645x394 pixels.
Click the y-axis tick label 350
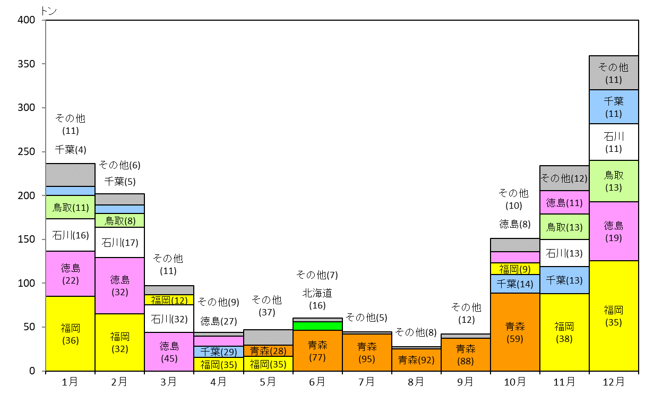(x=26, y=64)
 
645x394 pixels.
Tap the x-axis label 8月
(x=416, y=382)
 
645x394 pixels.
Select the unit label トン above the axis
(x=49, y=11)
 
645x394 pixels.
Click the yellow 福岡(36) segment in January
(x=71, y=333)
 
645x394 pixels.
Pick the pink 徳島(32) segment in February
(x=120, y=286)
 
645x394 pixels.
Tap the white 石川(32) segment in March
(x=169, y=319)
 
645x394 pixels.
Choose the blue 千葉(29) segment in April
(x=219, y=352)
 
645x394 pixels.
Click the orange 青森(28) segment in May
(x=268, y=351)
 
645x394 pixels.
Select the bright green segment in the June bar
(x=317, y=326)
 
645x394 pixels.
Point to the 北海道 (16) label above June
(x=317, y=299)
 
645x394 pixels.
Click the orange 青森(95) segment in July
(x=367, y=353)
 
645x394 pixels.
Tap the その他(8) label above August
(x=416, y=332)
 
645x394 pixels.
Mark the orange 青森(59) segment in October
(x=515, y=332)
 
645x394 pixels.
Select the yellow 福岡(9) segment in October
(x=515, y=269)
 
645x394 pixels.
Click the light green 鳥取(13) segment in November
(x=564, y=227)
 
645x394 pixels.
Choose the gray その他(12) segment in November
(x=564, y=178)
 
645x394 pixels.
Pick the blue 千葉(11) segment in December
(x=614, y=107)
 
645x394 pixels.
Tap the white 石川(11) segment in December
(x=614, y=142)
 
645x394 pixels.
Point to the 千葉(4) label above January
(x=71, y=150)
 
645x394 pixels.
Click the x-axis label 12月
(x=614, y=382)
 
